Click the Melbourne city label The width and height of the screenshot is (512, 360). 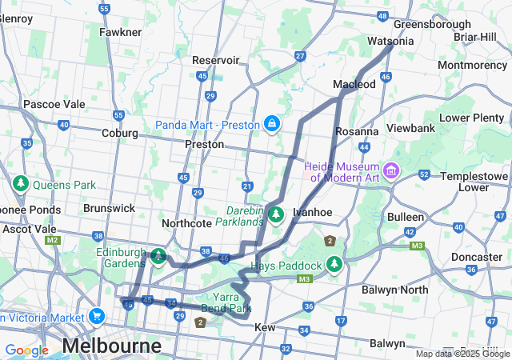[x=111, y=346]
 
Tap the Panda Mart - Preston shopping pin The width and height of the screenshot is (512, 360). [x=272, y=124]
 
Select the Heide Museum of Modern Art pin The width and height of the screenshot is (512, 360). [x=391, y=170]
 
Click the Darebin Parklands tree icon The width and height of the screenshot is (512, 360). [x=276, y=214]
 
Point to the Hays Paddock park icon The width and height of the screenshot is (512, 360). [x=334, y=265]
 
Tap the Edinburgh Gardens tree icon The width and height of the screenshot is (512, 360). [x=159, y=257]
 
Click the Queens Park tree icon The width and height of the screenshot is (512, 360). [x=20, y=184]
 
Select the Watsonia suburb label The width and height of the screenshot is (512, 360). [x=390, y=41]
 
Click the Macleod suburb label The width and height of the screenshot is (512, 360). [x=354, y=84]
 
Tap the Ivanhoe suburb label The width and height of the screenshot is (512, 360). [x=312, y=212]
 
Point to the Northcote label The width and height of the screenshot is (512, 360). [x=186, y=223]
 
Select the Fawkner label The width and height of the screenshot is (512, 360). [x=120, y=32]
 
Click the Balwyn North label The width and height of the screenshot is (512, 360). [x=395, y=290]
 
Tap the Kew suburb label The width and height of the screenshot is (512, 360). [x=265, y=328]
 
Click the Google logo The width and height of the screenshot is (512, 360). [x=26, y=350]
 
